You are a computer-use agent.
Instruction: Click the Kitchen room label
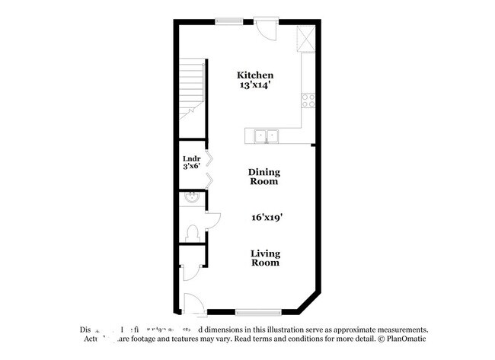(255, 75)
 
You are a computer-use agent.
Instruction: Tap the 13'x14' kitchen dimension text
(255, 86)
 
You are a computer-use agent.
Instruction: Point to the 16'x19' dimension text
(267, 217)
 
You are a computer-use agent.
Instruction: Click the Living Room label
(266, 258)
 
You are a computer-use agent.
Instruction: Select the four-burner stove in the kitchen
(308, 98)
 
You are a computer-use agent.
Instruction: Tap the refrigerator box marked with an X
(307, 37)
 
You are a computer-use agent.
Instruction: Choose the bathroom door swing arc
(212, 220)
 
